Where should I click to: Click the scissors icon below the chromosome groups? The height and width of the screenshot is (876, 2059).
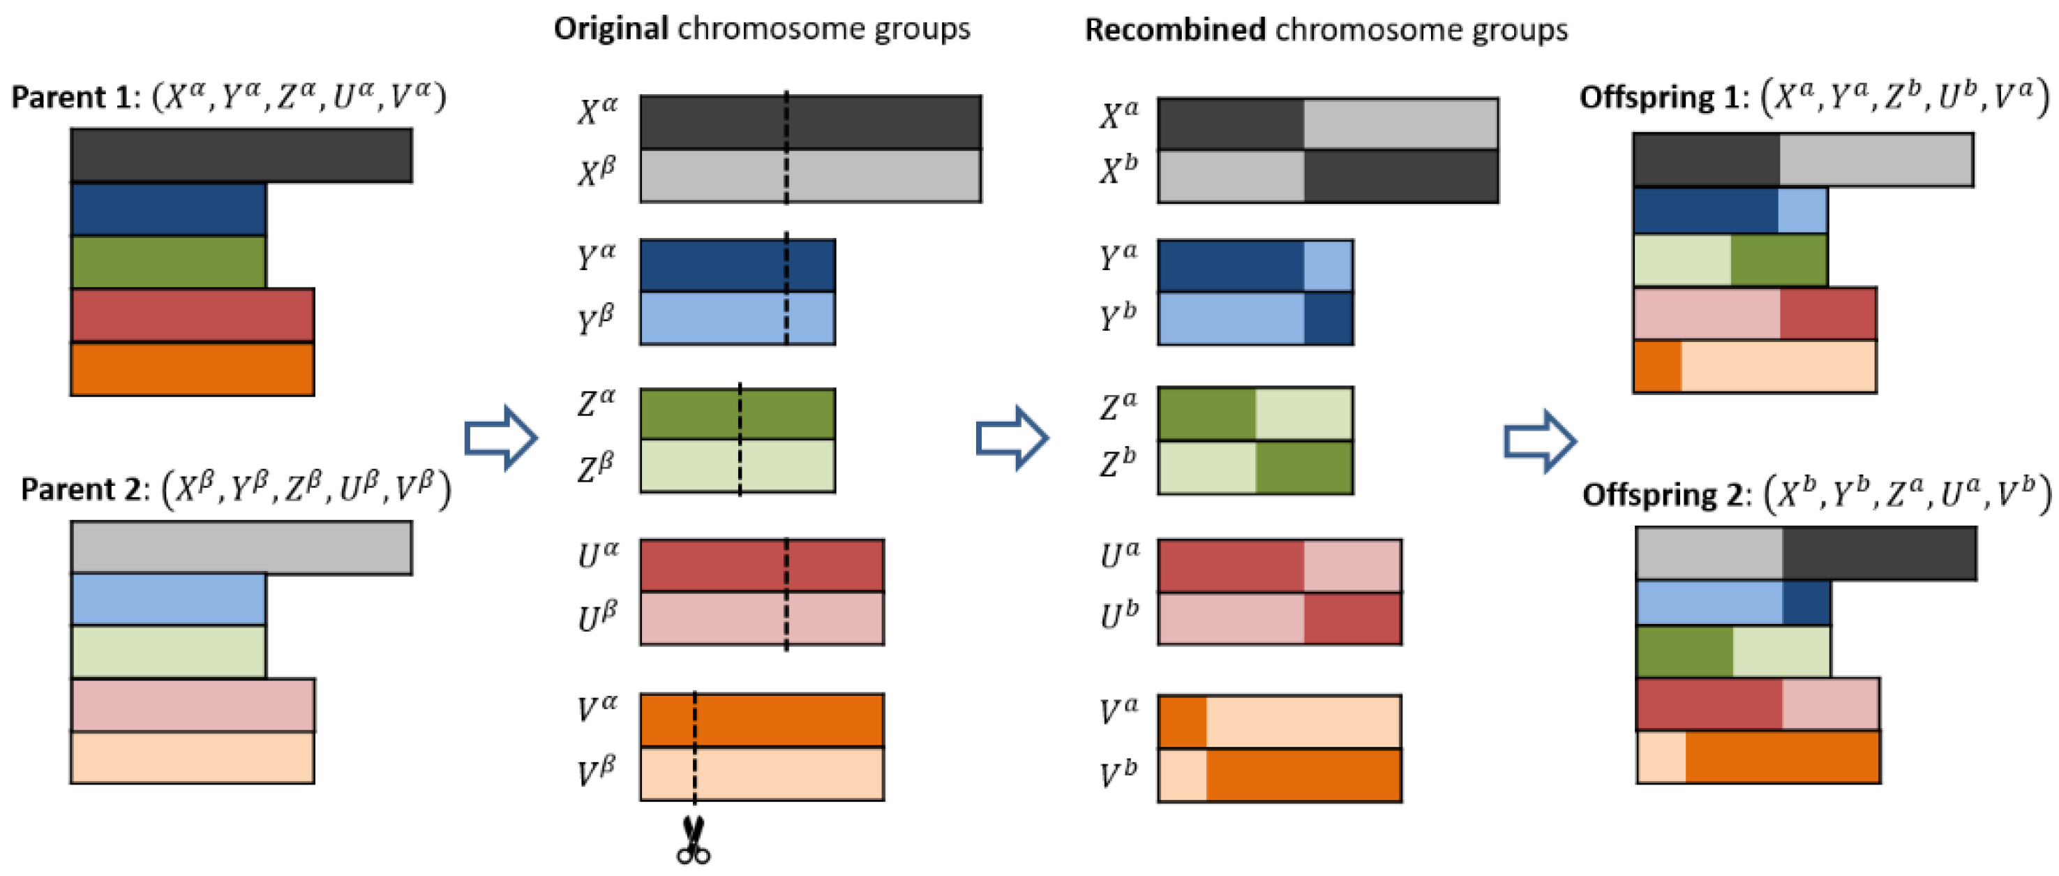(x=693, y=841)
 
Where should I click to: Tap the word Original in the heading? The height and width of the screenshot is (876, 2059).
(x=611, y=29)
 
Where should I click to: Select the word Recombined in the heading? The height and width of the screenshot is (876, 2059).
(x=1174, y=31)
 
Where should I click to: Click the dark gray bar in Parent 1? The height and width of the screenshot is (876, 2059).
(x=241, y=155)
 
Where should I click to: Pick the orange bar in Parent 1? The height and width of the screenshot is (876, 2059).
(x=192, y=369)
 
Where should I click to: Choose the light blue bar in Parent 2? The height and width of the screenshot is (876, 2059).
(x=168, y=600)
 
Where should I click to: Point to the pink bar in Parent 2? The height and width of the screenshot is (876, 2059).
(x=192, y=705)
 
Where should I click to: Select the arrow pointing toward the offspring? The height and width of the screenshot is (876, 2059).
(x=1539, y=440)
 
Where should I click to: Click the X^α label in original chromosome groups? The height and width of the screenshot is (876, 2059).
(x=597, y=111)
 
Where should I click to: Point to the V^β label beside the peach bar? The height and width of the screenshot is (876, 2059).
(x=597, y=772)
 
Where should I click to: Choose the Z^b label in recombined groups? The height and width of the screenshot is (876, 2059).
(x=1118, y=463)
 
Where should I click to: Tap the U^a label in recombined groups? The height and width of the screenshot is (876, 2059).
(x=1119, y=555)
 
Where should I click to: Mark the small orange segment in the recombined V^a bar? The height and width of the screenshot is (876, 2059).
(x=1182, y=722)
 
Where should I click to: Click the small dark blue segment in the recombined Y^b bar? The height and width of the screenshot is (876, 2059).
(x=1328, y=318)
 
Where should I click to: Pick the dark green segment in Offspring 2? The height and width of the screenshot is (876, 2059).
(x=1685, y=651)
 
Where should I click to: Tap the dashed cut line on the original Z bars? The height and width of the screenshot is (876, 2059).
(x=740, y=440)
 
